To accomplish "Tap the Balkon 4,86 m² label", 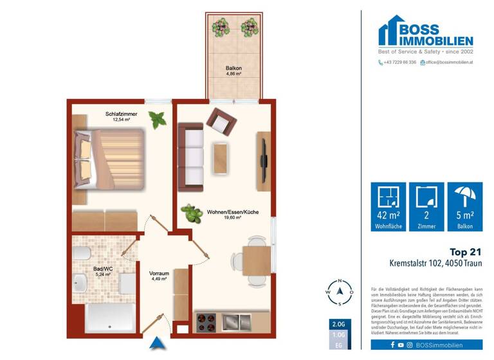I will click(233, 71).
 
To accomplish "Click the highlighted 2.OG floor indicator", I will click(338, 323).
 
